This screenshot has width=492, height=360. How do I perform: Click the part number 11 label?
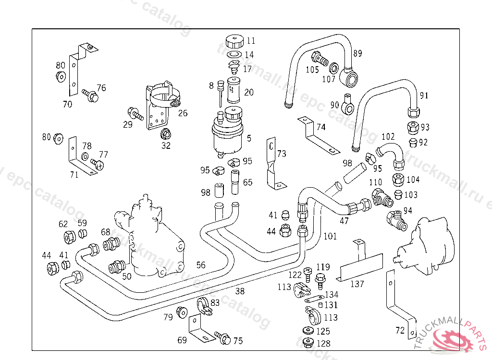pyautogui.click(x=251, y=41)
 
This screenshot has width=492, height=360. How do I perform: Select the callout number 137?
pyautogui.click(x=357, y=284)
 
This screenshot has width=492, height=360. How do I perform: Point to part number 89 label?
pyautogui.click(x=357, y=53)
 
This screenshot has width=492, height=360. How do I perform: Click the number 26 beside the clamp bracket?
pyautogui.click(x=183, y=114)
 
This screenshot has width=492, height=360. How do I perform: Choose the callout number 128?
pyautogui.click(x=323, y=344)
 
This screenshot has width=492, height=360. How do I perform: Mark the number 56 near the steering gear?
pyautogui.click(x=200, y=265)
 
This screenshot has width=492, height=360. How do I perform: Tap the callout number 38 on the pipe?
pyautogui.click(x=240, y=291)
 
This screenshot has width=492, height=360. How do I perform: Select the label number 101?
pyautogui.click(x=330, y=236)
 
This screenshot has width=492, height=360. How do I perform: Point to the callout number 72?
pyautogui.click(x=400, y=330)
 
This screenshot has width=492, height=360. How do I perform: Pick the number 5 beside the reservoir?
pyautogui.click(x=249, y=139)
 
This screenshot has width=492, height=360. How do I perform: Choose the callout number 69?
pyautogui.click(x=182, y=340)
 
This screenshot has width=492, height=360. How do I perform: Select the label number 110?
pyautogui.click(x=375, y=182)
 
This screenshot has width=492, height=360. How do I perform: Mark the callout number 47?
pyautogui.click(x=344, y=221)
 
